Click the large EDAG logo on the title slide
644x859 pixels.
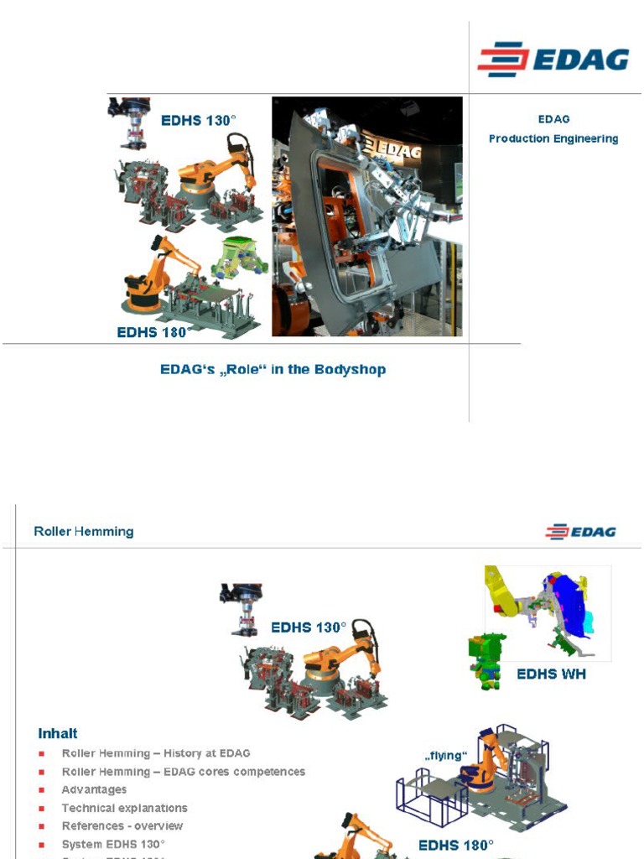coord(553,60)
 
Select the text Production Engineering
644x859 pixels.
coord(553,138)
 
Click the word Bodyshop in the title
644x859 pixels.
coord(350,369)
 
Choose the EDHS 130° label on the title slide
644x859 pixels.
coord(196,120)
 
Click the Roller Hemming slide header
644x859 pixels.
coord(83,531)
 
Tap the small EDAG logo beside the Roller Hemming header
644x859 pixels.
coord(580,532)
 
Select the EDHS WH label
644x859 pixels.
coord(551,674)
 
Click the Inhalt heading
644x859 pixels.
coord(58,733)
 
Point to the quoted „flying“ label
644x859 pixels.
coord(445,755)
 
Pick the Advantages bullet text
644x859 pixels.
coord(94,789)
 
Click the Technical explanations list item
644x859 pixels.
coord(124,808)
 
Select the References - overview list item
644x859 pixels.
coord(122,825)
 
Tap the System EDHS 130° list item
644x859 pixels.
coord(113,844)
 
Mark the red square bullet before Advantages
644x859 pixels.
coord(42,790)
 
